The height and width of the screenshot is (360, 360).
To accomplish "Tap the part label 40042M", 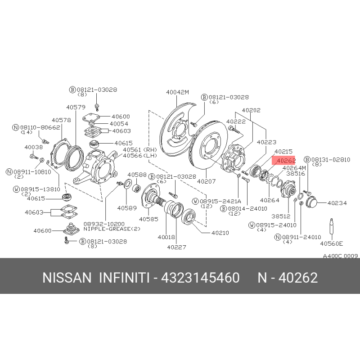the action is [177, 92].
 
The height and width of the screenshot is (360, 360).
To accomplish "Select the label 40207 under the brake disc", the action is [207, 181].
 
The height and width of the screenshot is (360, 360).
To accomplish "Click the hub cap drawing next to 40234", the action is [311, 202].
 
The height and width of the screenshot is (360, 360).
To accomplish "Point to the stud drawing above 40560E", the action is [331, 229].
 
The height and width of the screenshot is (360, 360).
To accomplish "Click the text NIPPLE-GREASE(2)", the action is [112, 229].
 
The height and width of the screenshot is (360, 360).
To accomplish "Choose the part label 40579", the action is [76, 107].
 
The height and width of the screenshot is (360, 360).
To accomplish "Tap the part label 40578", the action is [61, 120].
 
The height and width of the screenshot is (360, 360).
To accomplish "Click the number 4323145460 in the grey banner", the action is [200, 278].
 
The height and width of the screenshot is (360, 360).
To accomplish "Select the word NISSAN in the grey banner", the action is [67, 278].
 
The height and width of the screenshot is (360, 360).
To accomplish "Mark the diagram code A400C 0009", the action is [341, 256].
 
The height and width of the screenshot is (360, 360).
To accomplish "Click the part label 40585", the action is [148, 219].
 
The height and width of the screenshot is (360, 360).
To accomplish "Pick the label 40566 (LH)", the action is [140, 156].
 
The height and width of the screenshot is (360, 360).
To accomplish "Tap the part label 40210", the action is [220, 233].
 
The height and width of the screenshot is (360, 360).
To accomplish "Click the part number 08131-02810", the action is [331, 160].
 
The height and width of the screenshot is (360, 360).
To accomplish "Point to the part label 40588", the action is [137, 175].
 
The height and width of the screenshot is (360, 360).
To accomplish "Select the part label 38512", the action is [281, 216].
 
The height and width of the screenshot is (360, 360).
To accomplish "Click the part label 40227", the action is [176, 247].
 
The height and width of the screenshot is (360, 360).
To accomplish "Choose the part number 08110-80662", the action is [40, 127].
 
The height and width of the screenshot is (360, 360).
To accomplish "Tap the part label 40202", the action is [251, 110].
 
